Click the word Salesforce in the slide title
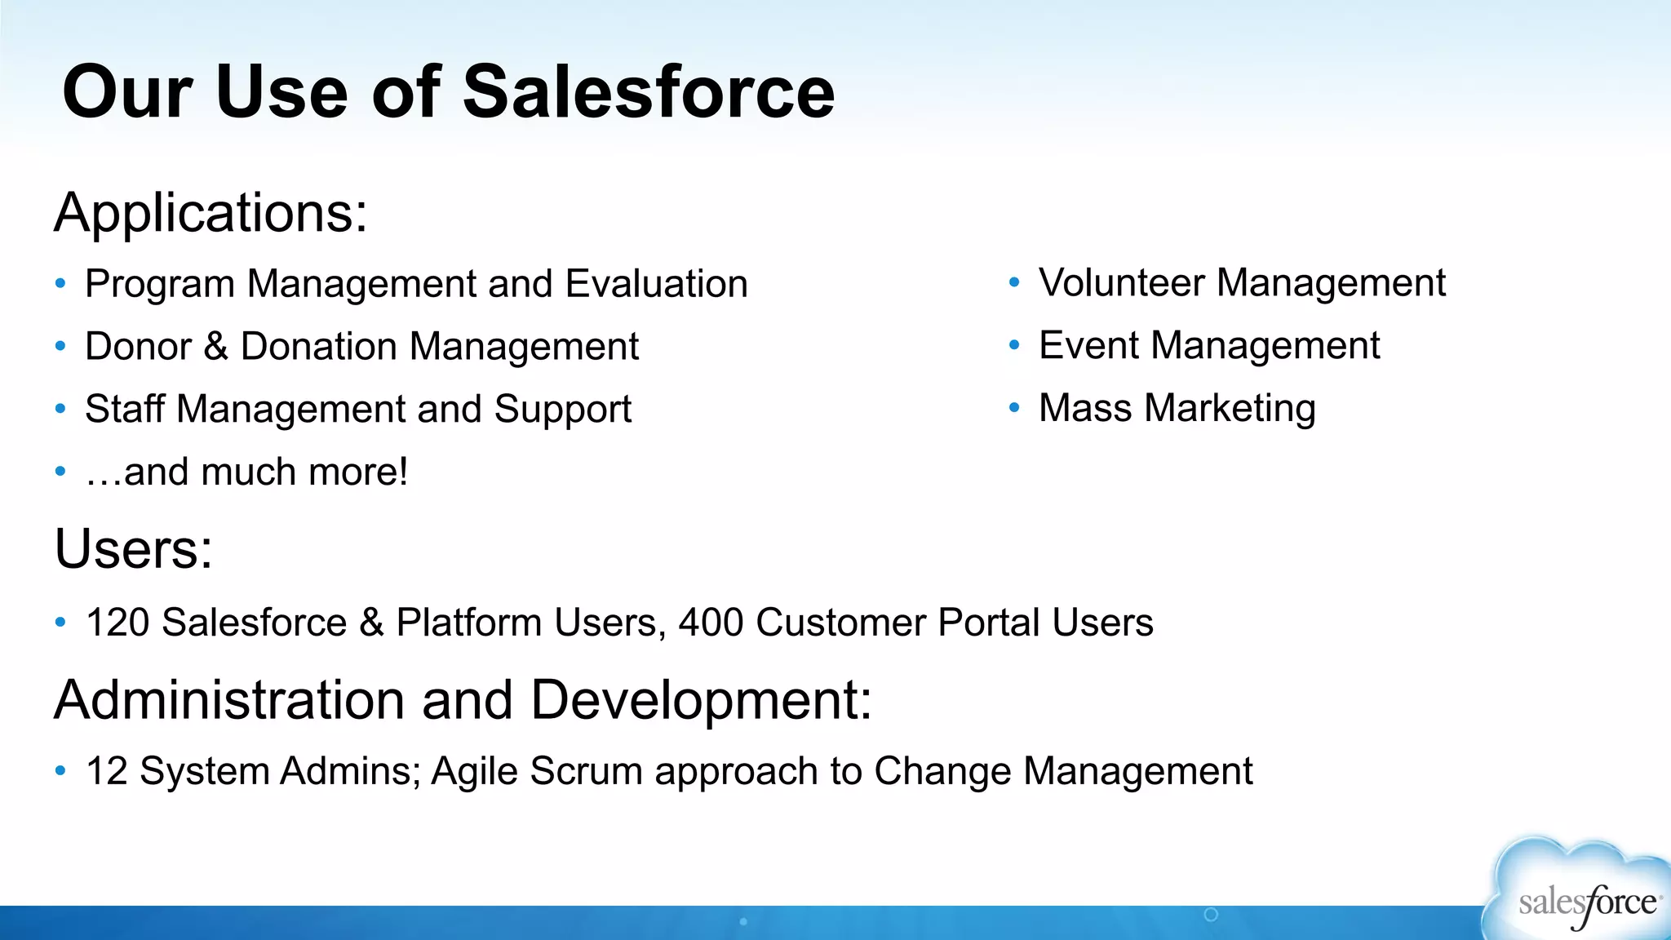649,91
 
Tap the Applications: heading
211,213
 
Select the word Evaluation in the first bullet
656,284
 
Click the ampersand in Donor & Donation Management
215,346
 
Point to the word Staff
124,409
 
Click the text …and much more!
246,472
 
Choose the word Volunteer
1121,283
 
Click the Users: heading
133,548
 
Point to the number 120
117,623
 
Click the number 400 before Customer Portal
711,623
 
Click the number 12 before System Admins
107,771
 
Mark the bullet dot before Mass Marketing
1014,407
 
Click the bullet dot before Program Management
60,283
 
